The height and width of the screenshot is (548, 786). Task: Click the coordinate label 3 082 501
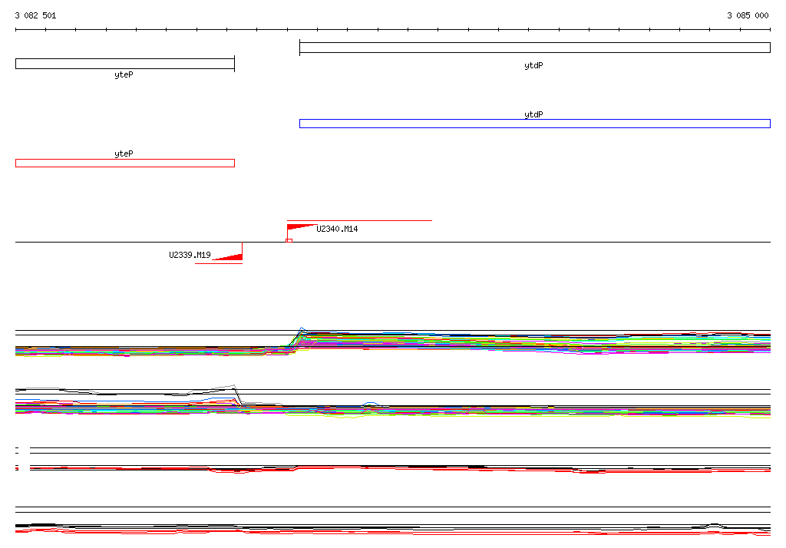35,15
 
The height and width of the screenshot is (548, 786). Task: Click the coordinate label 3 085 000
748,15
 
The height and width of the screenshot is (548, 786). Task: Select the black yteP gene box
125,64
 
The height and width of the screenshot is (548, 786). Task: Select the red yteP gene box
125,163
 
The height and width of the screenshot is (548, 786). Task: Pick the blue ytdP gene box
535,124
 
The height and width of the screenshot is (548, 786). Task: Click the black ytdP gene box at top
535,48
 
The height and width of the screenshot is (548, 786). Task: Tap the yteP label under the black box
124,74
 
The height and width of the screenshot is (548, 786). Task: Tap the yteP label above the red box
124,154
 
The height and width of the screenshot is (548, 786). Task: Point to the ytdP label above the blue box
533,115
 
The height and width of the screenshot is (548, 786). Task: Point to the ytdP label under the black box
533,66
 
